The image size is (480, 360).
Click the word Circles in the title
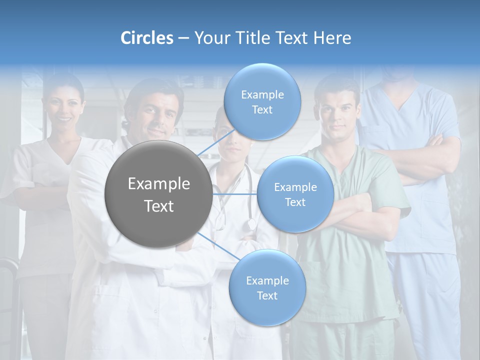coord(146,38)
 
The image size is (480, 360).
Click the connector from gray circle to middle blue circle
coord(235,194)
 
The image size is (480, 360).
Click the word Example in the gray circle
coord(158,184)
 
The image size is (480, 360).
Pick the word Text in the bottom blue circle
coord(267,295)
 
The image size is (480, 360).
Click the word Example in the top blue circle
coord(262,94)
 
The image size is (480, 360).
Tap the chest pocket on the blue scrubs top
coord(434,220)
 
